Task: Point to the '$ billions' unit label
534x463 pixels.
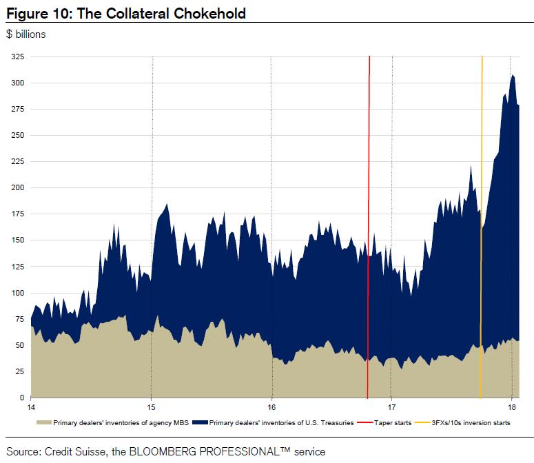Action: tap(25, 34)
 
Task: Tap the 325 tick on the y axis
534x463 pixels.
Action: tap(17, 56)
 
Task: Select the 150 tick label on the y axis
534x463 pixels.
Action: tap(17, 240)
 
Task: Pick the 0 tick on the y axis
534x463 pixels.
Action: tap(21, 398)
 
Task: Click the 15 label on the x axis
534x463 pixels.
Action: tap(152, 407)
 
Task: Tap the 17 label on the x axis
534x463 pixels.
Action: tap(391, 407)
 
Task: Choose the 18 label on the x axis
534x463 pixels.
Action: tap(512, 407)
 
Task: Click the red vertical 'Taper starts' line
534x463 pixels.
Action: tap(369, 172)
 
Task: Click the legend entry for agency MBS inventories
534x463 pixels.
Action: tap(111, 422)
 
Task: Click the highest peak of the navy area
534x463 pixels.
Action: tap(512, 75)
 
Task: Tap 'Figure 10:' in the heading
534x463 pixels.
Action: tap(35, 13)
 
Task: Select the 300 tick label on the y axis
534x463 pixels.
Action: tap(17, 83)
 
